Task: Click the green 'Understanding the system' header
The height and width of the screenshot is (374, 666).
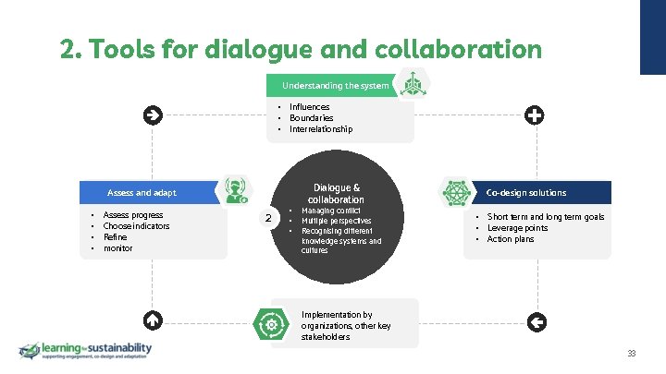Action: click(x=335, y=86)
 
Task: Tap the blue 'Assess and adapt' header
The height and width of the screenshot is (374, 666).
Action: click(x=142, y=193)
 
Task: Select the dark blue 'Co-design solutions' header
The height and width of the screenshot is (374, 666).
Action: click(x=526, y=193)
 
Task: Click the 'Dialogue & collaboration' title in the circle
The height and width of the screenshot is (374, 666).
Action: click(x=336, y=193)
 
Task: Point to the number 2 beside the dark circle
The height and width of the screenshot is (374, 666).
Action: click(x=268, y=219)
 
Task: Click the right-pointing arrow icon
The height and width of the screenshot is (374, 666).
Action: click(x=154, y=115)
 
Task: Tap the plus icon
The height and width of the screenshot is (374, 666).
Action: click(x=534, y=115)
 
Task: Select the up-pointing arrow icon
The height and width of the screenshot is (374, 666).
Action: click(x=154, y=321)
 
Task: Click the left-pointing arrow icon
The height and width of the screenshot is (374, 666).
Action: click(x=534, y=321)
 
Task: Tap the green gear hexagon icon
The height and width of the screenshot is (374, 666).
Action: click(x=271, y=324)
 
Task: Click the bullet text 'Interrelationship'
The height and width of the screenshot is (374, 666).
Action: click(x=321, y=129)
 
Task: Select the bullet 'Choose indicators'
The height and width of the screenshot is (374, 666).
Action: click(x=136, y=226)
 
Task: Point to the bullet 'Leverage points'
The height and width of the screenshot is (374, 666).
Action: click(x=517, y=228)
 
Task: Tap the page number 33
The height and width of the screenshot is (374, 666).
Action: click(x=632, y=355)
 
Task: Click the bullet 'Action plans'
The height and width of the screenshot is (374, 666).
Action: click(x=511, y=239)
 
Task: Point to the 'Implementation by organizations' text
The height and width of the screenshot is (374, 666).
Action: click(x=345, y=326)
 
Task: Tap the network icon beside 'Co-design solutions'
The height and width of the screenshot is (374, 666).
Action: click(x=457, y=192)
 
